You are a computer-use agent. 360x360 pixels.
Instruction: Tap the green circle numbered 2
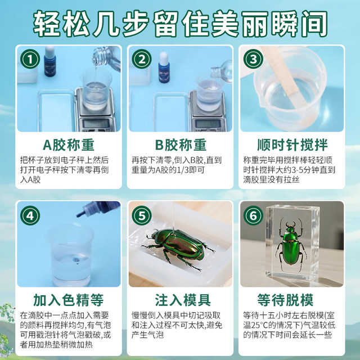tap(142, 59)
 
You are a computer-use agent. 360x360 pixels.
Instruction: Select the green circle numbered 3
tap(253, 59)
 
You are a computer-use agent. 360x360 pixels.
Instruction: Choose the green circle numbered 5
tap(142, 214)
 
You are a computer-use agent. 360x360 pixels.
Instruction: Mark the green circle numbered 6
tap(253, 214)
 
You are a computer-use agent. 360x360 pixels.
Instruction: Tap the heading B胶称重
tap(180, 143)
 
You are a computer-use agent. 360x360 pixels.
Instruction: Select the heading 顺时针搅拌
tap(291, 143)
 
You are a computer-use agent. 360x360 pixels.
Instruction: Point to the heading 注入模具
tap(180, 299)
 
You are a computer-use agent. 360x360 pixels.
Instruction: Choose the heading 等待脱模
tap(291, 299)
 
